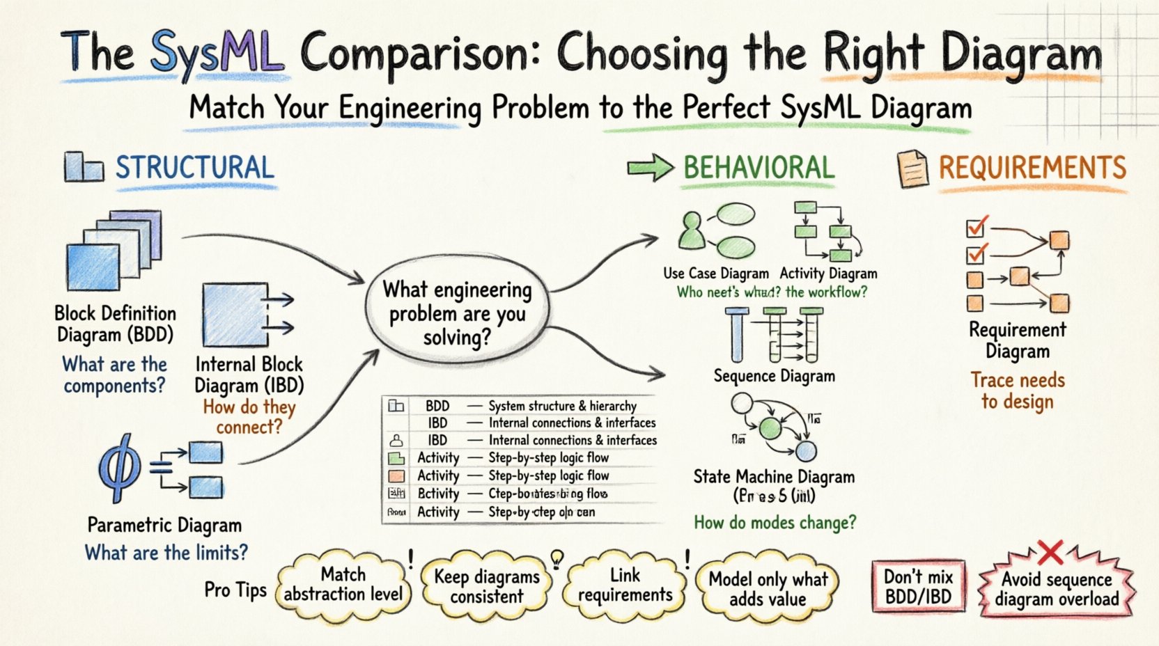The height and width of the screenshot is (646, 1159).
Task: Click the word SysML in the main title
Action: [x=217, y=52]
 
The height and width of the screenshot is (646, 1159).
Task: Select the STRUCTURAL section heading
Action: [x=194, y=168]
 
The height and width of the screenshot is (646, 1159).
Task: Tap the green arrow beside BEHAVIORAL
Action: [x=650, y=168]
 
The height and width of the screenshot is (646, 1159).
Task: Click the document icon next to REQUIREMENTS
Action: [x=912, y=169]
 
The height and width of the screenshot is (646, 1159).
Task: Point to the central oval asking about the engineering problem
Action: [x=457, y=313]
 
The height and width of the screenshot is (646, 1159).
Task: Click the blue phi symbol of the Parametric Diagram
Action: [x=120, y=468]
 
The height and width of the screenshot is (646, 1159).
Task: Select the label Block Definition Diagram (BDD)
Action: [x=115, y=324]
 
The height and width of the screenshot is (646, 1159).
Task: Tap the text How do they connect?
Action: [x=249, y=416]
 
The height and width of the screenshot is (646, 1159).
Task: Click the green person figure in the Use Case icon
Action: [x=692, y=233]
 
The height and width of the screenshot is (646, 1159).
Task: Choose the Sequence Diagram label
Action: [x=774, y=376]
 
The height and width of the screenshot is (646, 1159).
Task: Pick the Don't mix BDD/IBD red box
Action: [x=918, y=586]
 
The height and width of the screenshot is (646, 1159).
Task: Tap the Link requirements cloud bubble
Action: [x=625, y=585]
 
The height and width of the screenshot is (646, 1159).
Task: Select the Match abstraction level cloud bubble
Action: [x=343, y=584]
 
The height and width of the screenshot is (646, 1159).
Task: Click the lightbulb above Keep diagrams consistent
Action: [x=557, y=557]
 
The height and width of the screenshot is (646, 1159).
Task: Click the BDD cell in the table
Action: [x=437, y=406]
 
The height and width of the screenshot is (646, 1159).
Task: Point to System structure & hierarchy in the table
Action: [x=562, y=406]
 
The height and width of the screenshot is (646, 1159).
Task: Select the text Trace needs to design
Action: [x=1018, y=391]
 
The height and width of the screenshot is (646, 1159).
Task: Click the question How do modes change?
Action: [x=775, y=522]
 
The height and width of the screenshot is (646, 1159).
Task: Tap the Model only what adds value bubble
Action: [x=768, y=589]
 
